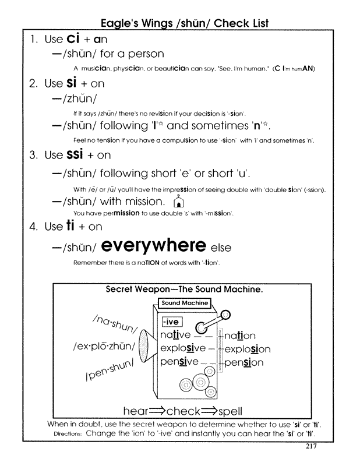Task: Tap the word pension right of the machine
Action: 243,362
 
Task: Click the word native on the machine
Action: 175,335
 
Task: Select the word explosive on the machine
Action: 183,348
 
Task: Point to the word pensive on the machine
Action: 179,362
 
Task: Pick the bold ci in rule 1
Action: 73,39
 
